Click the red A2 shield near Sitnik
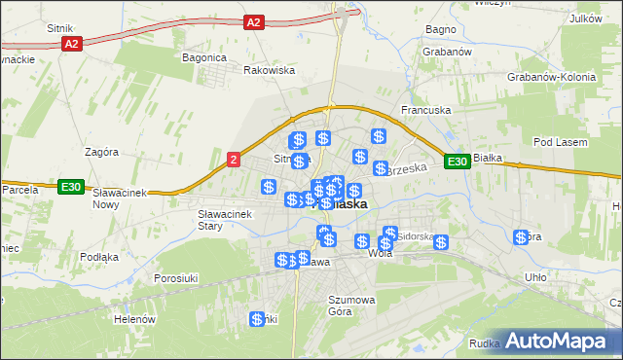pyautogui.click(x=70, y=45)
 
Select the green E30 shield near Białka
pyautogui.click(x=458, y=162)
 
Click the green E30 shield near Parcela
pyautogui.click(x=69, y=187)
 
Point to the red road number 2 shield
pyautogui.click(x=233, y=160)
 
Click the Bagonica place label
pyautogui.click(x=203, y=57)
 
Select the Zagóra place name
pyautogui.click(x=101, y=152)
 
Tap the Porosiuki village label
pyautogui.click(x=177, y=278)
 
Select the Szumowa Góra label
pyautogui.click(x=351, y=306)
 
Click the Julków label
pyautogui.click(x=585, y=18)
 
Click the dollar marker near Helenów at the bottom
pyautogui.click(x=258, y=319)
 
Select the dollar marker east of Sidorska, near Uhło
pyautogui.click(x=522, y=237)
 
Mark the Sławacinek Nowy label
pyautogui.click(x=119, y=198)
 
